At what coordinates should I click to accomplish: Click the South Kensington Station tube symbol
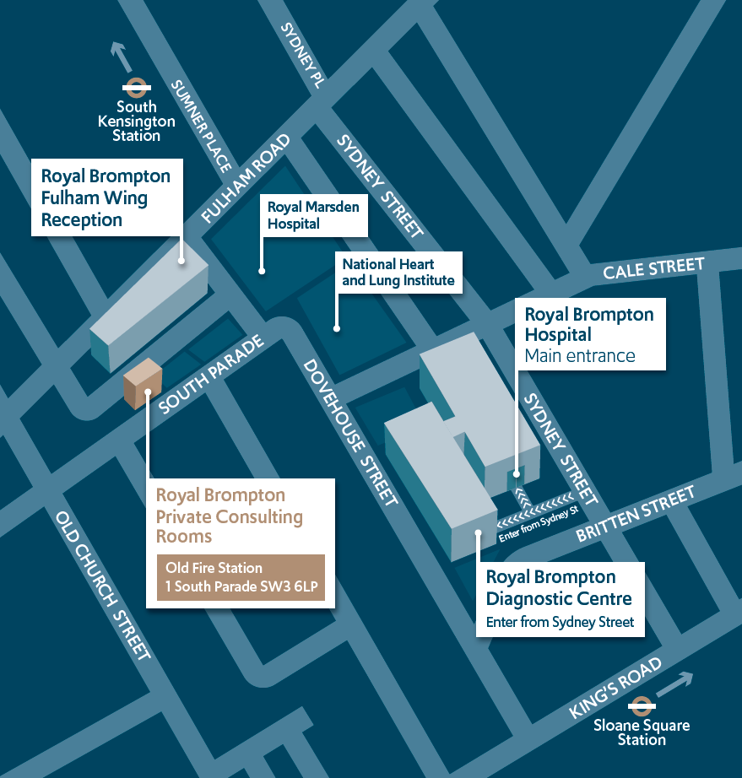click(137, 85)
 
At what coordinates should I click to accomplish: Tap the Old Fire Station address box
click(241, 577)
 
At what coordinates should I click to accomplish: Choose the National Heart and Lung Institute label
click(398, 273)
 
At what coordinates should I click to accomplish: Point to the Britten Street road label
click(635, 513)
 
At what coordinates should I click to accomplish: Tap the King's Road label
click(615, 689)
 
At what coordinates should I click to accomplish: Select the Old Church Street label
click(103, 586)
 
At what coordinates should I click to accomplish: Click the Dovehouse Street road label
click(349, 433)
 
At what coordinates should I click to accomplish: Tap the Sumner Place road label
click(201, 126)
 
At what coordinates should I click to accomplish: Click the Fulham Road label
click(246, 179)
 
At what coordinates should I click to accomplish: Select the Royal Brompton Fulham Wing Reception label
click(106, 198)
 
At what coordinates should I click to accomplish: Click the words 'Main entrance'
click(579, 355)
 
